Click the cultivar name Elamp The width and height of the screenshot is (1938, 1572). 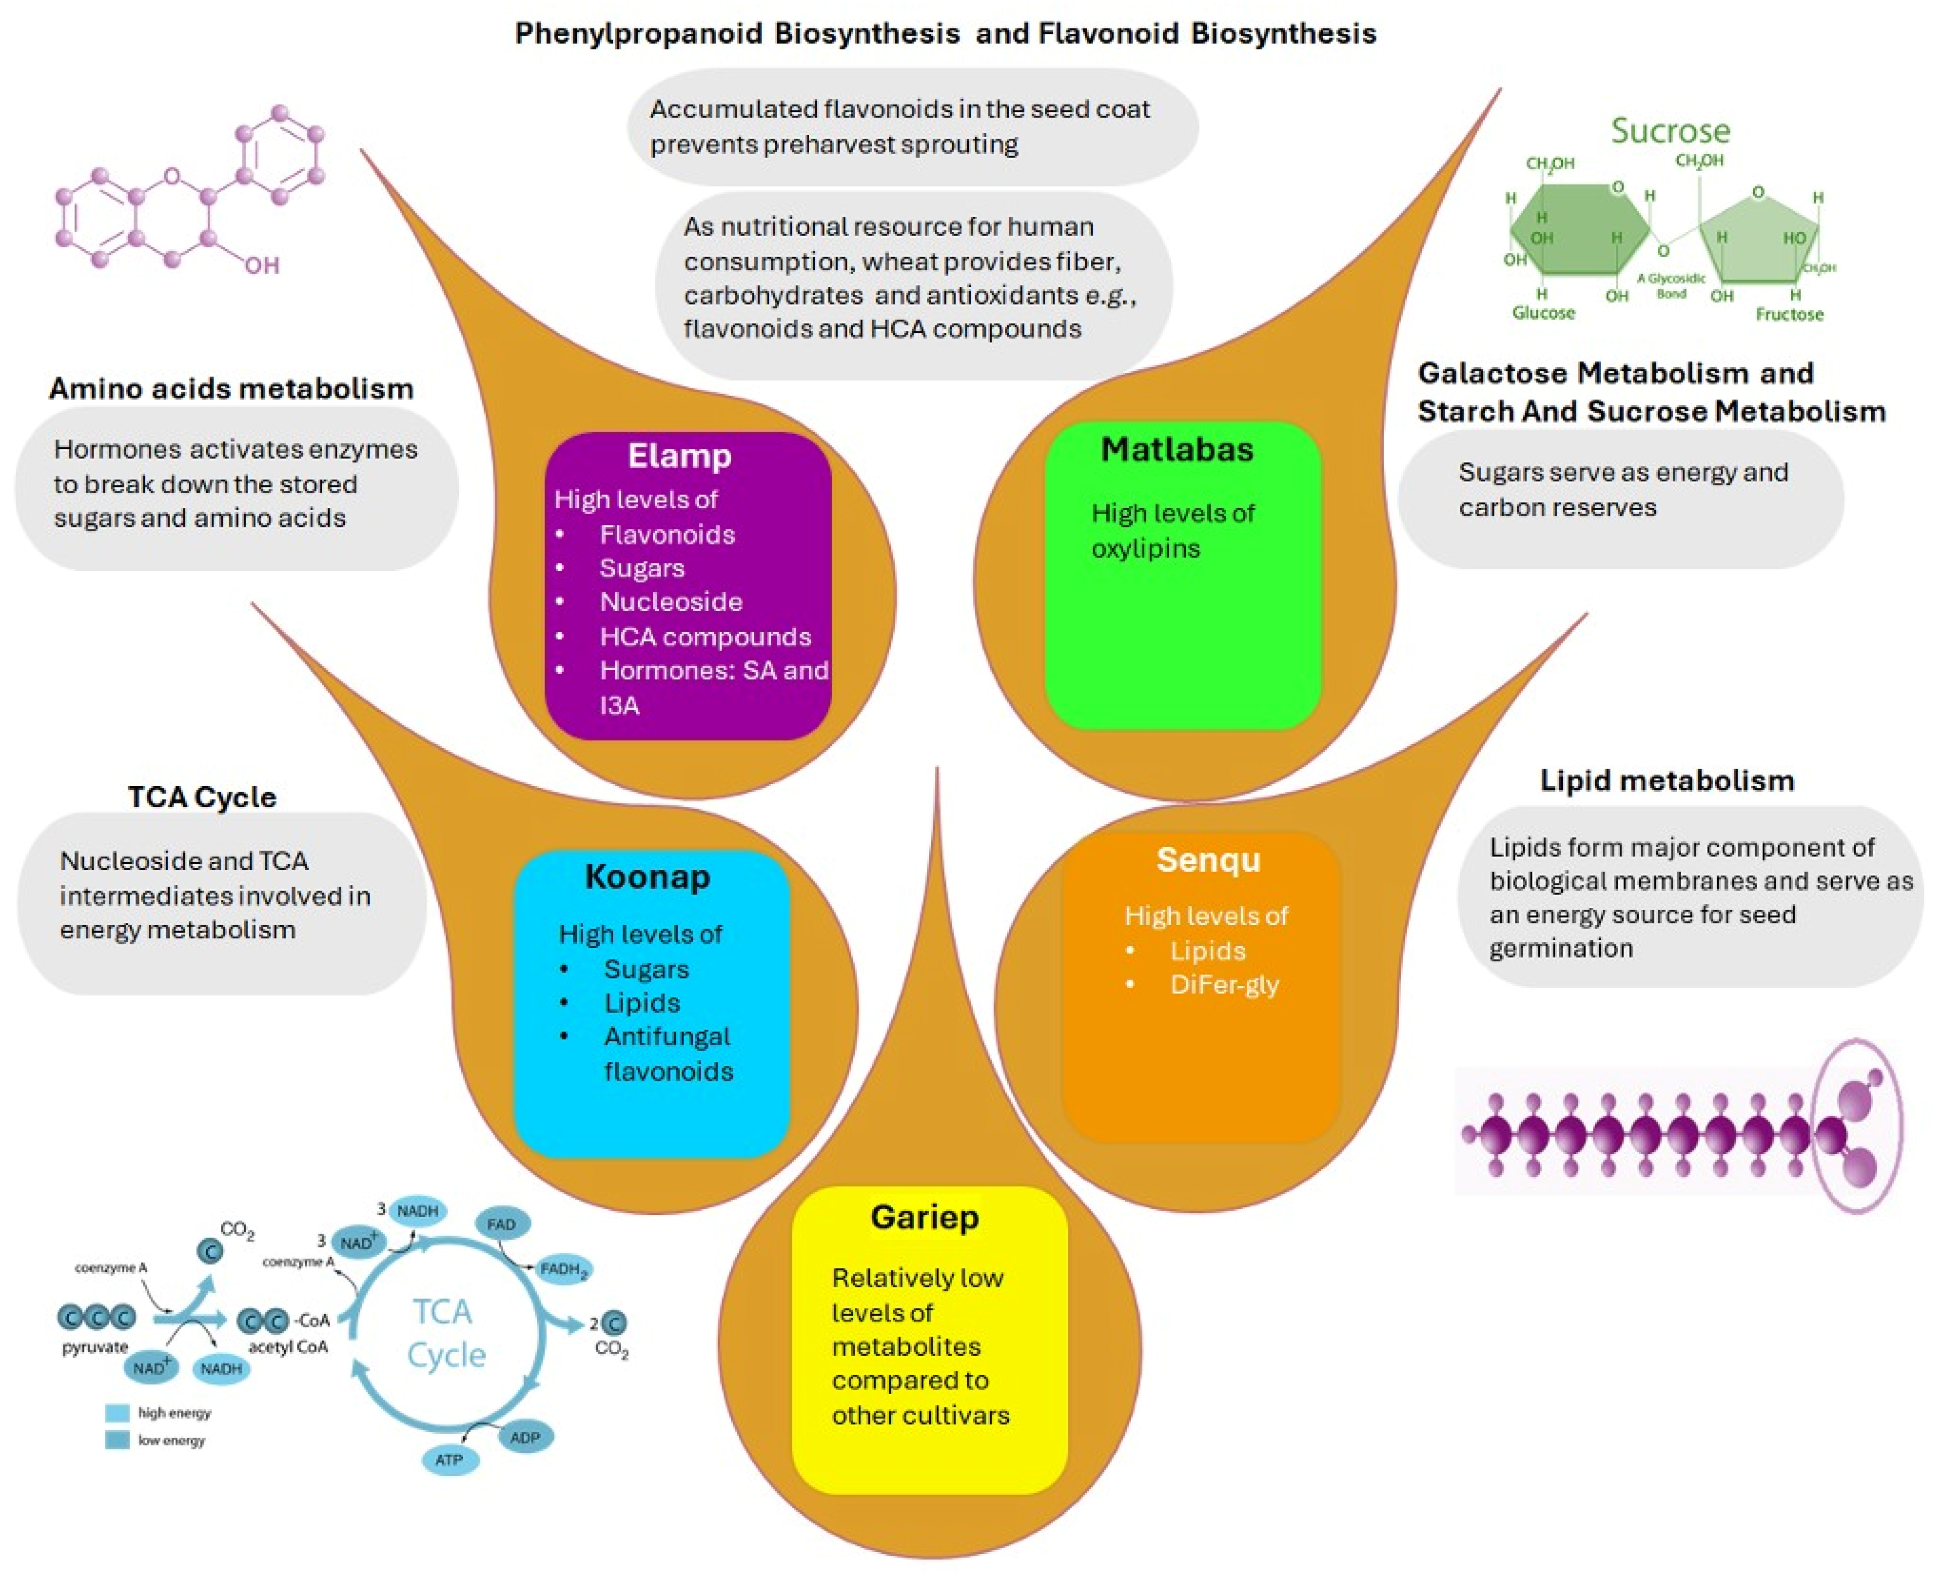[x=679, y=455]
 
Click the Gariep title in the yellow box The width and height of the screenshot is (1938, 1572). [x=924, y=1216]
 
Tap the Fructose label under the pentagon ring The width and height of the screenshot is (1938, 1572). [x=1789, y=314]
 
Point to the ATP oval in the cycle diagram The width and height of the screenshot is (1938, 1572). [x=449, y=1460]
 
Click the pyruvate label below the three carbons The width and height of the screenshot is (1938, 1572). [x=95, y=1347]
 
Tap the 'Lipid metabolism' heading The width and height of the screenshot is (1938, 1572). [x=1667, y=781]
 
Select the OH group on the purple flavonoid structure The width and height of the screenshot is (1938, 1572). [x=262, y=265]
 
